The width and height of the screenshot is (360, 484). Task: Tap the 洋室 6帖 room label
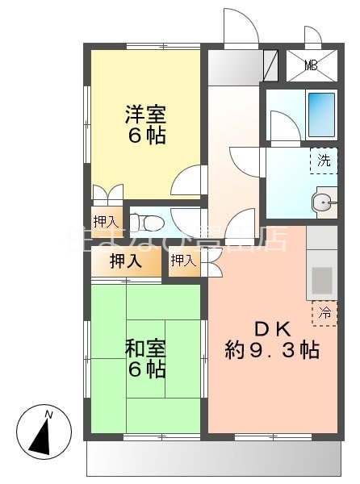(x=146, y=124)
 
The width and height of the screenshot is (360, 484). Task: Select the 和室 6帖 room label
(x=146, y=359)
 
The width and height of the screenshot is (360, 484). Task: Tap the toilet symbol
(x=144, y=219)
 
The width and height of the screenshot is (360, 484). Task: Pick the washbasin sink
(x=325, y=202)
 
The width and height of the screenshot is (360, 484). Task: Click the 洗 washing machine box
(x=324, y=160)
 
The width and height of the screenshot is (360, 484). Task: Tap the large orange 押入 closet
(x=125, y=261)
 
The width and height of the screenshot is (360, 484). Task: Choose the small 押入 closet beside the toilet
(x=105, y=220)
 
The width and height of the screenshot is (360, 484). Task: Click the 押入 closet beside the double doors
(x=182, y=260)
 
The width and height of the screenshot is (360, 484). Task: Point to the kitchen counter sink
(x=322, y=282)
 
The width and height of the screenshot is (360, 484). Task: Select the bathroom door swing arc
(x=283, y=129)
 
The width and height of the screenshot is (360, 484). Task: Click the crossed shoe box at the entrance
(x=270, y=62)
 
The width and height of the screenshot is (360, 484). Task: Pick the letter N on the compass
(x=48, y=415)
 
